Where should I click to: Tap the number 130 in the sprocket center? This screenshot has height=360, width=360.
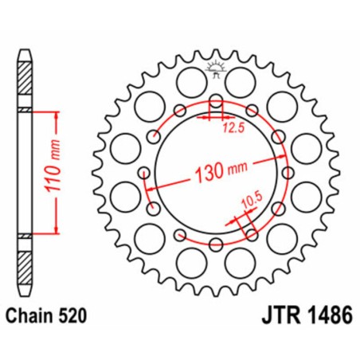pyautogui.click(x=203, y=173)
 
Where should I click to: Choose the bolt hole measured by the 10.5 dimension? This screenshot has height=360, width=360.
pyautogui.click(x=252, y=233)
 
